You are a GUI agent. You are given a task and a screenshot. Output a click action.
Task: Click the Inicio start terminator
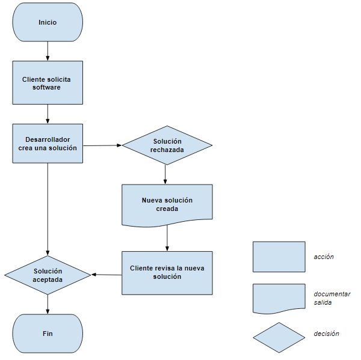pos(48,22)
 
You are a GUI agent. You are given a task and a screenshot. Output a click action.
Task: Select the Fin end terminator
pos(48,333)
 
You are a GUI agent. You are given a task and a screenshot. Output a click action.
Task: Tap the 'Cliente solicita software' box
pos(48,82)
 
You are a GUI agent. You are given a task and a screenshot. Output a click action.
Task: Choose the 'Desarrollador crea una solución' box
pos(48,143)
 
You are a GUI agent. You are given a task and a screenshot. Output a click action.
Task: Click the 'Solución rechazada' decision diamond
pos(167,145)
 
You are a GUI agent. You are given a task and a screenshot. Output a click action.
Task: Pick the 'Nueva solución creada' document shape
pos(167,204)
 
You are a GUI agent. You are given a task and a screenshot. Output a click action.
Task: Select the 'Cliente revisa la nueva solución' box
pos(167,272)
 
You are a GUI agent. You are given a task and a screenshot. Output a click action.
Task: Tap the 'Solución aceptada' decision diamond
pos(48,275)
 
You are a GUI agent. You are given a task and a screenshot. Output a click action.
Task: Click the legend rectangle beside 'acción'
pos(279,257)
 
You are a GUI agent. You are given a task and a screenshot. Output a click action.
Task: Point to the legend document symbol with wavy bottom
pos(279,298)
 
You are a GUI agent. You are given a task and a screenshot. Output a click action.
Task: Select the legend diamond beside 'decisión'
pos(279,337)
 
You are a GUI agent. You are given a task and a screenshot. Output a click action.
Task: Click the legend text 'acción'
pos(324,257)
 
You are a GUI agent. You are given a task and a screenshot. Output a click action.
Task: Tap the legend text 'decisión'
pos(326,334)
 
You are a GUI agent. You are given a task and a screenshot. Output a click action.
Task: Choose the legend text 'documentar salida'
pos(332,298)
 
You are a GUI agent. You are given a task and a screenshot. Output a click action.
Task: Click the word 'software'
pos(47,87)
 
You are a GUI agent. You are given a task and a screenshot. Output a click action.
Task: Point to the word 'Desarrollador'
pos(48,139)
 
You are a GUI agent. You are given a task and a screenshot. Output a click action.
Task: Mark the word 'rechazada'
pos(167,150)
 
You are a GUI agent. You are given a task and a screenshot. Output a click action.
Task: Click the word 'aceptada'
pos(48,280)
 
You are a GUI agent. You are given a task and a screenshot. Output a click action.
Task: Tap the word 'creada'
pos(167,209)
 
